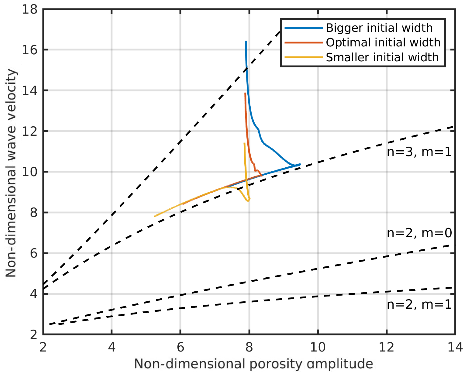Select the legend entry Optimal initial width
[383, 42]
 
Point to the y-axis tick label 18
[31, 9]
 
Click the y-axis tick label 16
[31, 50]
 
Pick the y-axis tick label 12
[31, 131]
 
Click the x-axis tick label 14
[455, 345]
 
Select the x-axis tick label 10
[317, 345]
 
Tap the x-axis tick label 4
[111, 345]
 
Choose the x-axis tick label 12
[386, 345]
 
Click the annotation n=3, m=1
[419, 153]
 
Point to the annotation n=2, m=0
[419, 233]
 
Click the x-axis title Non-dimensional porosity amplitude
[249, 364]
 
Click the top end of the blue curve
[246, 42]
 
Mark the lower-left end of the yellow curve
[155, 216]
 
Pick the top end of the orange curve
[245, 93]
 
